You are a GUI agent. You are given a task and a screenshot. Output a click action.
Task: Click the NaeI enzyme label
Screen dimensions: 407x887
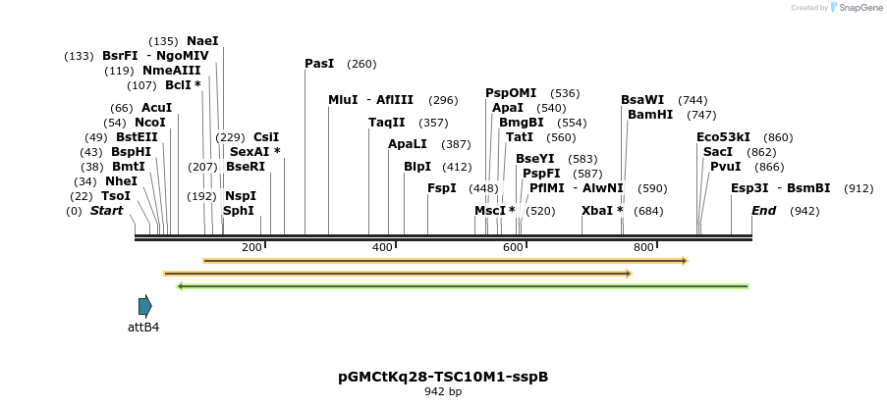pyautogui.click(x=202, y=41)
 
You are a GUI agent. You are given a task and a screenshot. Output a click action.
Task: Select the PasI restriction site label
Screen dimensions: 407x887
pyautogui.click(x=319, y=64)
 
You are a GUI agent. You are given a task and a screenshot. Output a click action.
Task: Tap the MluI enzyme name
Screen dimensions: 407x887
pyautogui.click(x=343, y=100)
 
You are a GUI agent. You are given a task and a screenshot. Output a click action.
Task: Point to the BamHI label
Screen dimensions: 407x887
pyautogui.click(x=650, y=115)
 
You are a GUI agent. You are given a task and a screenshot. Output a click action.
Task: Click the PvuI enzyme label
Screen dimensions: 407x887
pyautogui.click(x=726, y=167)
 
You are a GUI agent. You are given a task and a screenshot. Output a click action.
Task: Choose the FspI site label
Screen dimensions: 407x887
pyautogui.click(x=442, y=188)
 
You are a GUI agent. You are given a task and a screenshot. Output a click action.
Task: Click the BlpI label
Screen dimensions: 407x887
pyautogui.click(x=417, y=167)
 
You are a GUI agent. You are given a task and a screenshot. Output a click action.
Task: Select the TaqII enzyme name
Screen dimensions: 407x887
pyautogui.click(x=386, y=123)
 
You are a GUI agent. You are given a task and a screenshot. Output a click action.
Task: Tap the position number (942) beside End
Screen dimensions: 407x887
pyautogui.click(x=804, y=211)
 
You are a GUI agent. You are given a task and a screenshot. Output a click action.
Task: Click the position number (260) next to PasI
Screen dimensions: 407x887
pyautogui.click(x=361, y=64)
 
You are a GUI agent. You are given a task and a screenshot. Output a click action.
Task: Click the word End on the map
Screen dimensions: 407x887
pyautogui.click(x=764, y=211)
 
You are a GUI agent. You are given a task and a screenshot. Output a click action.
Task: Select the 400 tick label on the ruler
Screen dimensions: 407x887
pyautogui.click(x=382, y=247)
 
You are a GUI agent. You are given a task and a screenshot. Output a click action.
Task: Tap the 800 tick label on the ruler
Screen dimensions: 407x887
pyautogui.click(x=643, y=247)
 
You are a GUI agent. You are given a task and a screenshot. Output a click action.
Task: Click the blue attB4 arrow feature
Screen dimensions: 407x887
pyautogui.click(x=145, y=306)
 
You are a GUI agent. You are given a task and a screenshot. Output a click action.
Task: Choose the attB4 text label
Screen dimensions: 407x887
pyautogui.click(x=143, y=327)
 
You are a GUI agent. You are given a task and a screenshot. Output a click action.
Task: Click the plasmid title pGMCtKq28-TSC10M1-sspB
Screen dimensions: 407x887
pyautogui.click(x=443, y=376)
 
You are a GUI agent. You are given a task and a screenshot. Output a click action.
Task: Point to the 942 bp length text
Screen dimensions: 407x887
pyautogui.click(x=443, y=391)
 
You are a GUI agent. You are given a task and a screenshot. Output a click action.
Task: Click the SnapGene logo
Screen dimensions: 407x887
pyautogui.click(x=857, y=8)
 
